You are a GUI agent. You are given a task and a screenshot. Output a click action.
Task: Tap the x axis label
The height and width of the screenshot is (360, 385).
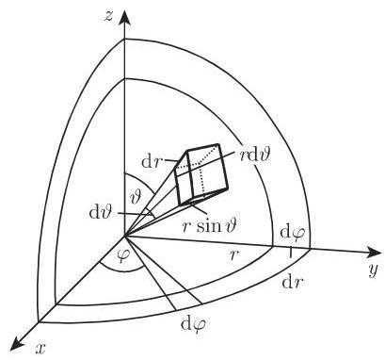40,350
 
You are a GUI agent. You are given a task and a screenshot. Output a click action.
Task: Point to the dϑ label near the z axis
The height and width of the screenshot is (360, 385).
102,216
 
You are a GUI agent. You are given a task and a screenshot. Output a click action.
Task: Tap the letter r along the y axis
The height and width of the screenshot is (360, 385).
236,255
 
